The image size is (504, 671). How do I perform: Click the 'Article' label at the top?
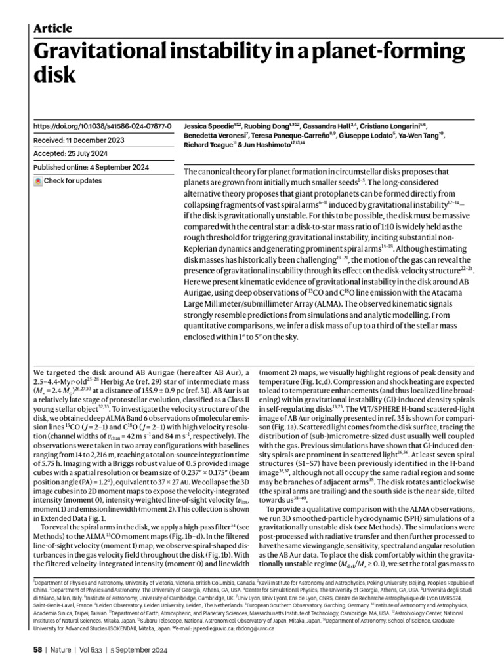tap(52, 28)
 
